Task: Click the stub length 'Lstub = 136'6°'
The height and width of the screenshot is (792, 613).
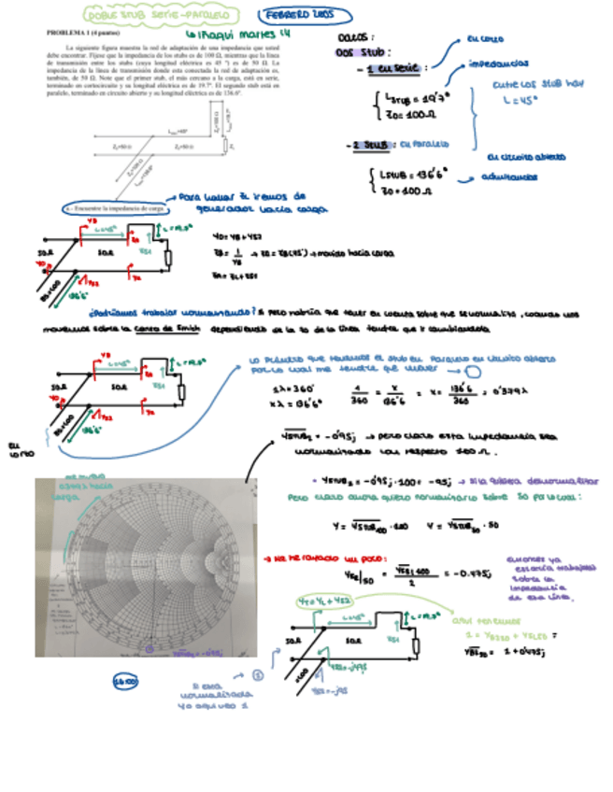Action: pyautogui.click(x=416, y=173)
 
